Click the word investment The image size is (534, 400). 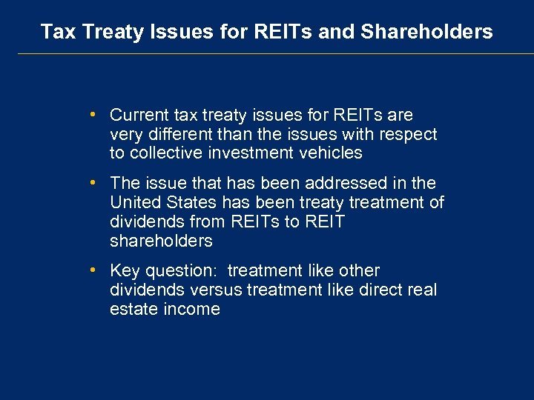(x=249, y=153)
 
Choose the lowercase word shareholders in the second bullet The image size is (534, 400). (x=161, y=241)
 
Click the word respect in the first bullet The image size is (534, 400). (x=411, y=135)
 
